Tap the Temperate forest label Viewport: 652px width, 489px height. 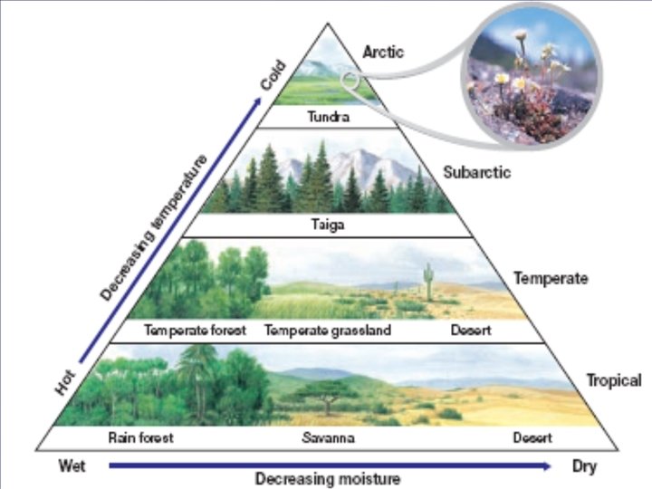point(196,331)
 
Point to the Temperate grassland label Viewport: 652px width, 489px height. point(328,331)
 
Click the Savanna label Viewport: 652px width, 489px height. point(328,439)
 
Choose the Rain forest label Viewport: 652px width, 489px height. point(140,439)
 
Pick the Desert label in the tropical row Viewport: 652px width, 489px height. point(533,439)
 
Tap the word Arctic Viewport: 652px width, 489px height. point(383,53)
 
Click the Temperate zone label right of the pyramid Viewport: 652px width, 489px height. point(551,278)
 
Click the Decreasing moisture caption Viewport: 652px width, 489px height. point(327,478)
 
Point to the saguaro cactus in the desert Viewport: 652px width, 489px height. point(427,281)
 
